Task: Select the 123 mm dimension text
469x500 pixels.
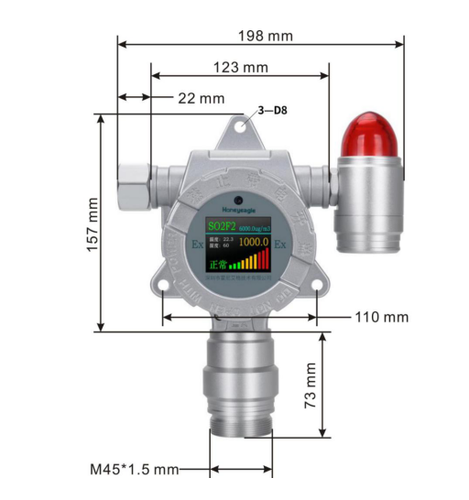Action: pyautogui.click(x=240, y=67)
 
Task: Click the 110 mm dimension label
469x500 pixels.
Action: pyautogui.click(x=381, y=317)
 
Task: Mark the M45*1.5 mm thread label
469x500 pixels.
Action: pyautogui.click(x=134, y=469)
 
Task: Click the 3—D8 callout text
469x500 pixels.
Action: pyautogui.click(x=276, y=111)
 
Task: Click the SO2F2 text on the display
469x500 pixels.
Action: pyautogui.click(x=223, y=224)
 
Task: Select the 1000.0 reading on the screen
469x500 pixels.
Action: pyautogui.click(x=253, y=243)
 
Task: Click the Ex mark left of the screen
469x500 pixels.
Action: pyautogui.click(x=197, y=245)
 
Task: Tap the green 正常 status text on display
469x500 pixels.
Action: pyautogui.click(x=216, y=264)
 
